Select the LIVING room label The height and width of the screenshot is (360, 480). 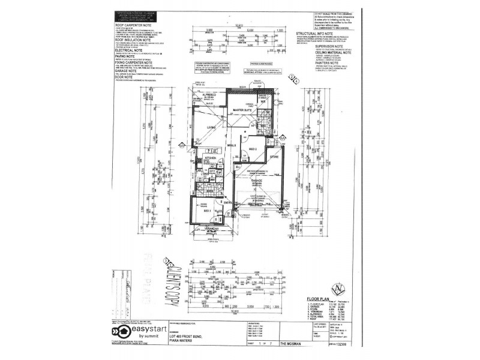tap(210, 128)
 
